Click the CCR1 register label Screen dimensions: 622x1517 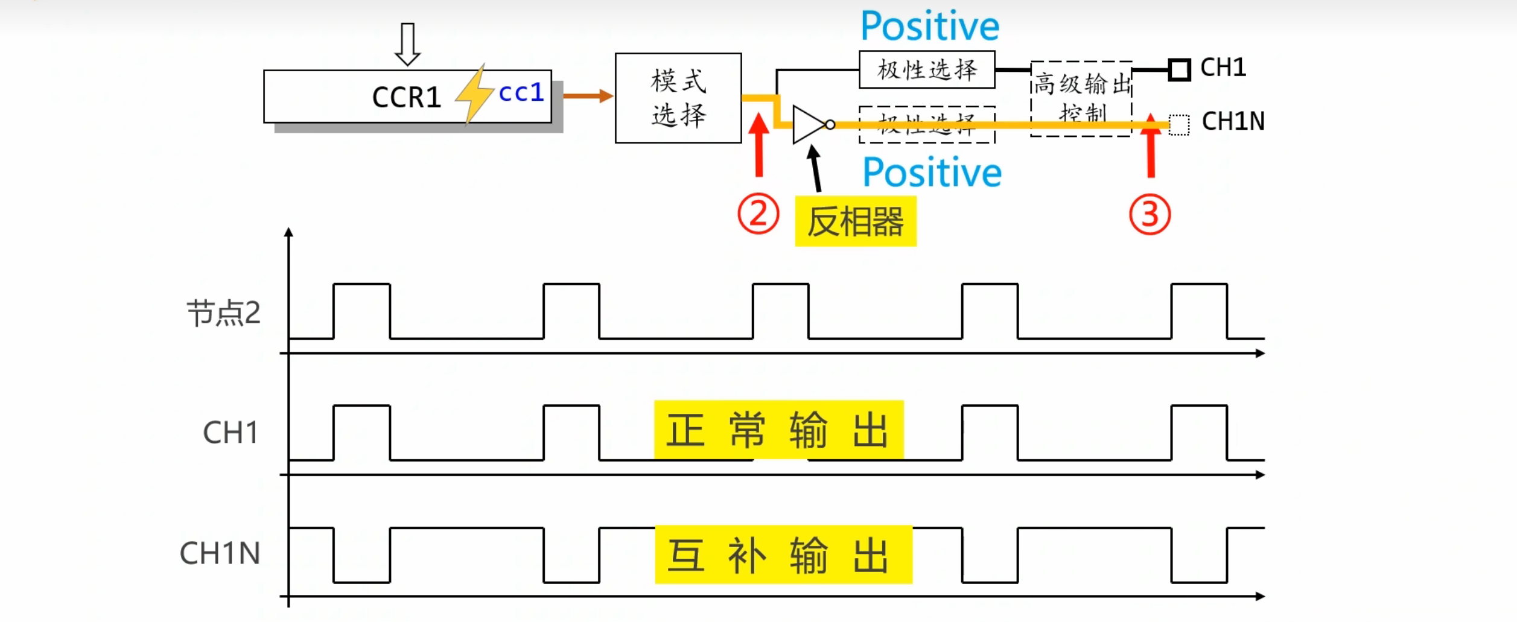406,98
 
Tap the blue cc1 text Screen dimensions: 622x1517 521,93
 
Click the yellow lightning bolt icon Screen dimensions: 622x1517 474,94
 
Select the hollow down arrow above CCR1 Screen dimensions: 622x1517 407,44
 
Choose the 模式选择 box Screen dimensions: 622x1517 678,98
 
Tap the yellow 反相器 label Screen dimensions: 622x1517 855,221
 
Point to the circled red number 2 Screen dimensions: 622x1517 758,214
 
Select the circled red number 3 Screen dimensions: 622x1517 1150,215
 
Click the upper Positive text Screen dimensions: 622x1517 929,27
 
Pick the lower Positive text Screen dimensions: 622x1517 932,173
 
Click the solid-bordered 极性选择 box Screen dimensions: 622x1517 926,70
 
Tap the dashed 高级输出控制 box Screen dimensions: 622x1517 1081,98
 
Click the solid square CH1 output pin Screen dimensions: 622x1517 1179,69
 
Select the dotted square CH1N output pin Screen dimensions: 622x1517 1178,125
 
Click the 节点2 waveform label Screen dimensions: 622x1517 223,313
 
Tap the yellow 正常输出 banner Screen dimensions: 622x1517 778,430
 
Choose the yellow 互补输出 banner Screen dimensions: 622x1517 783,554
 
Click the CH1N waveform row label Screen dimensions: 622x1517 220,553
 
